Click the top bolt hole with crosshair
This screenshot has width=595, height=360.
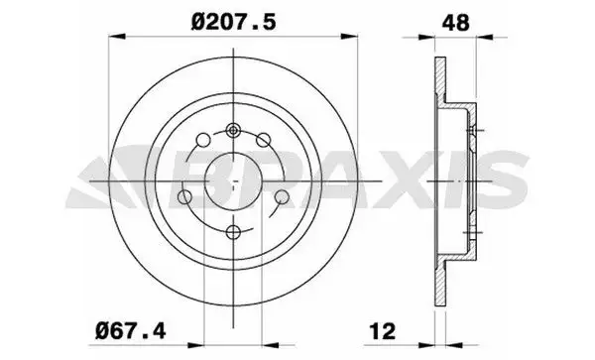(233, 130)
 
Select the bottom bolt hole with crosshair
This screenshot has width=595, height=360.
(233, 232)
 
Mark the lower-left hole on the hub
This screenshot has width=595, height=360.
(185, 198)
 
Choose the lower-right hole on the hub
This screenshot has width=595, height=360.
(281, 198)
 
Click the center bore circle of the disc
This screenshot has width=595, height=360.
(233, 181)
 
